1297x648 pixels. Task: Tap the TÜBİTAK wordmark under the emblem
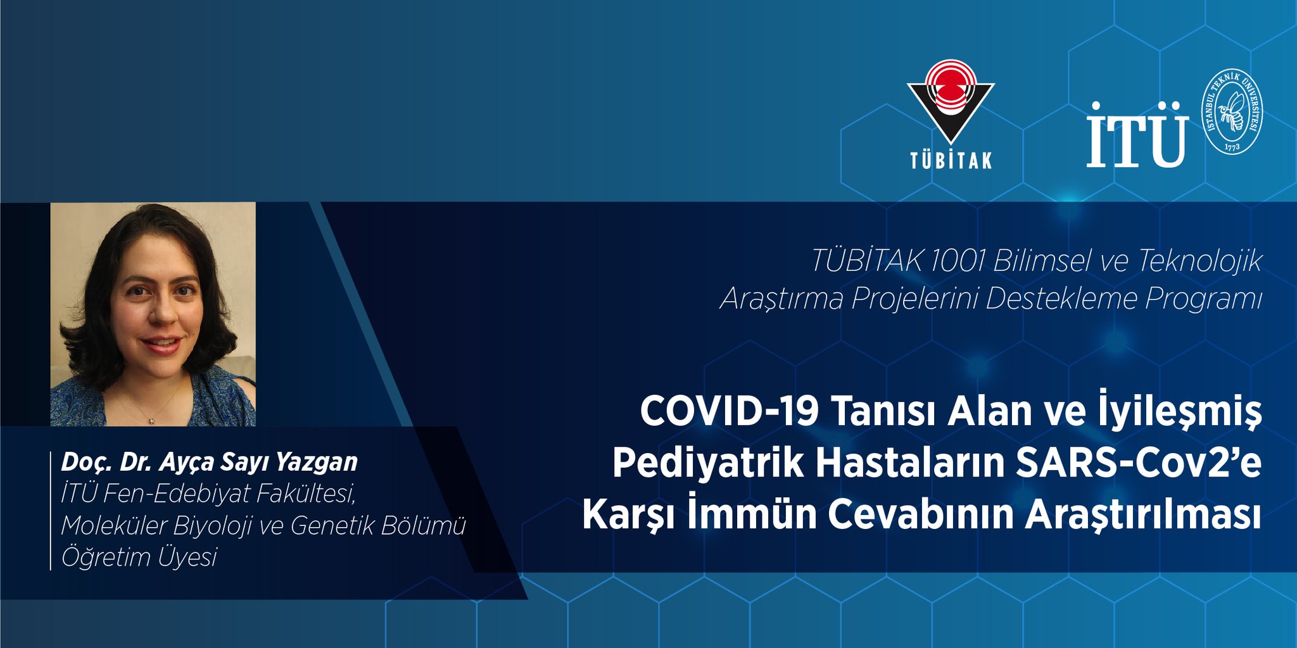951,160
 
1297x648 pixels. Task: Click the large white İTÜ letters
1137,134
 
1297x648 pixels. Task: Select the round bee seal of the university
1232,111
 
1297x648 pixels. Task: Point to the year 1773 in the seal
1232,146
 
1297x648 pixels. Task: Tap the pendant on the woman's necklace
151,420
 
